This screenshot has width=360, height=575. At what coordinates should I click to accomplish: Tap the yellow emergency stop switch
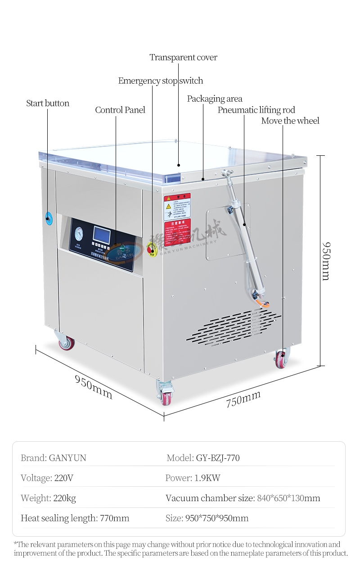coord(152,249)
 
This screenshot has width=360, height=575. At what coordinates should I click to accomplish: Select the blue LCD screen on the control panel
coord(101,235)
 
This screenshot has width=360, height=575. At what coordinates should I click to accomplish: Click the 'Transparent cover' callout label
coord(183,58)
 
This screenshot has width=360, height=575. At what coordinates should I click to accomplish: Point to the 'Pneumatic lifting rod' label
coord(256,110)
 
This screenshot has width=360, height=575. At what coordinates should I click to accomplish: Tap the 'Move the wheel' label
coord(290,121)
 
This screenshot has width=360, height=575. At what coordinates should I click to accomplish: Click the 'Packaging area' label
coord(215,99)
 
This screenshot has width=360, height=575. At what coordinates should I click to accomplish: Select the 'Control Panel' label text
coord(120,110)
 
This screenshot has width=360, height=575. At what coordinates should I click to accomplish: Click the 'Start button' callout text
coord(48,104)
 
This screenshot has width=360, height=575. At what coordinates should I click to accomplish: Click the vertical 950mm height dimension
coord(326,261)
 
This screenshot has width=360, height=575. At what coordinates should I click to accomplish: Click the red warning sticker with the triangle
coord(177,207)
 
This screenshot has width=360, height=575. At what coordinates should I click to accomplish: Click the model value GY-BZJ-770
coord(218,458)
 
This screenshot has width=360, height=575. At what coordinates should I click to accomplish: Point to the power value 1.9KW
coord(207,478)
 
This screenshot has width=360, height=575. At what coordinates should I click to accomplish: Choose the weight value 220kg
coord(65,498)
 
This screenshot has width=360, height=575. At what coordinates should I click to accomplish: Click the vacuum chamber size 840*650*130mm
coord(288,498)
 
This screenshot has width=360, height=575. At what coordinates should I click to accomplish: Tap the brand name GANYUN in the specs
coord(67,458)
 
